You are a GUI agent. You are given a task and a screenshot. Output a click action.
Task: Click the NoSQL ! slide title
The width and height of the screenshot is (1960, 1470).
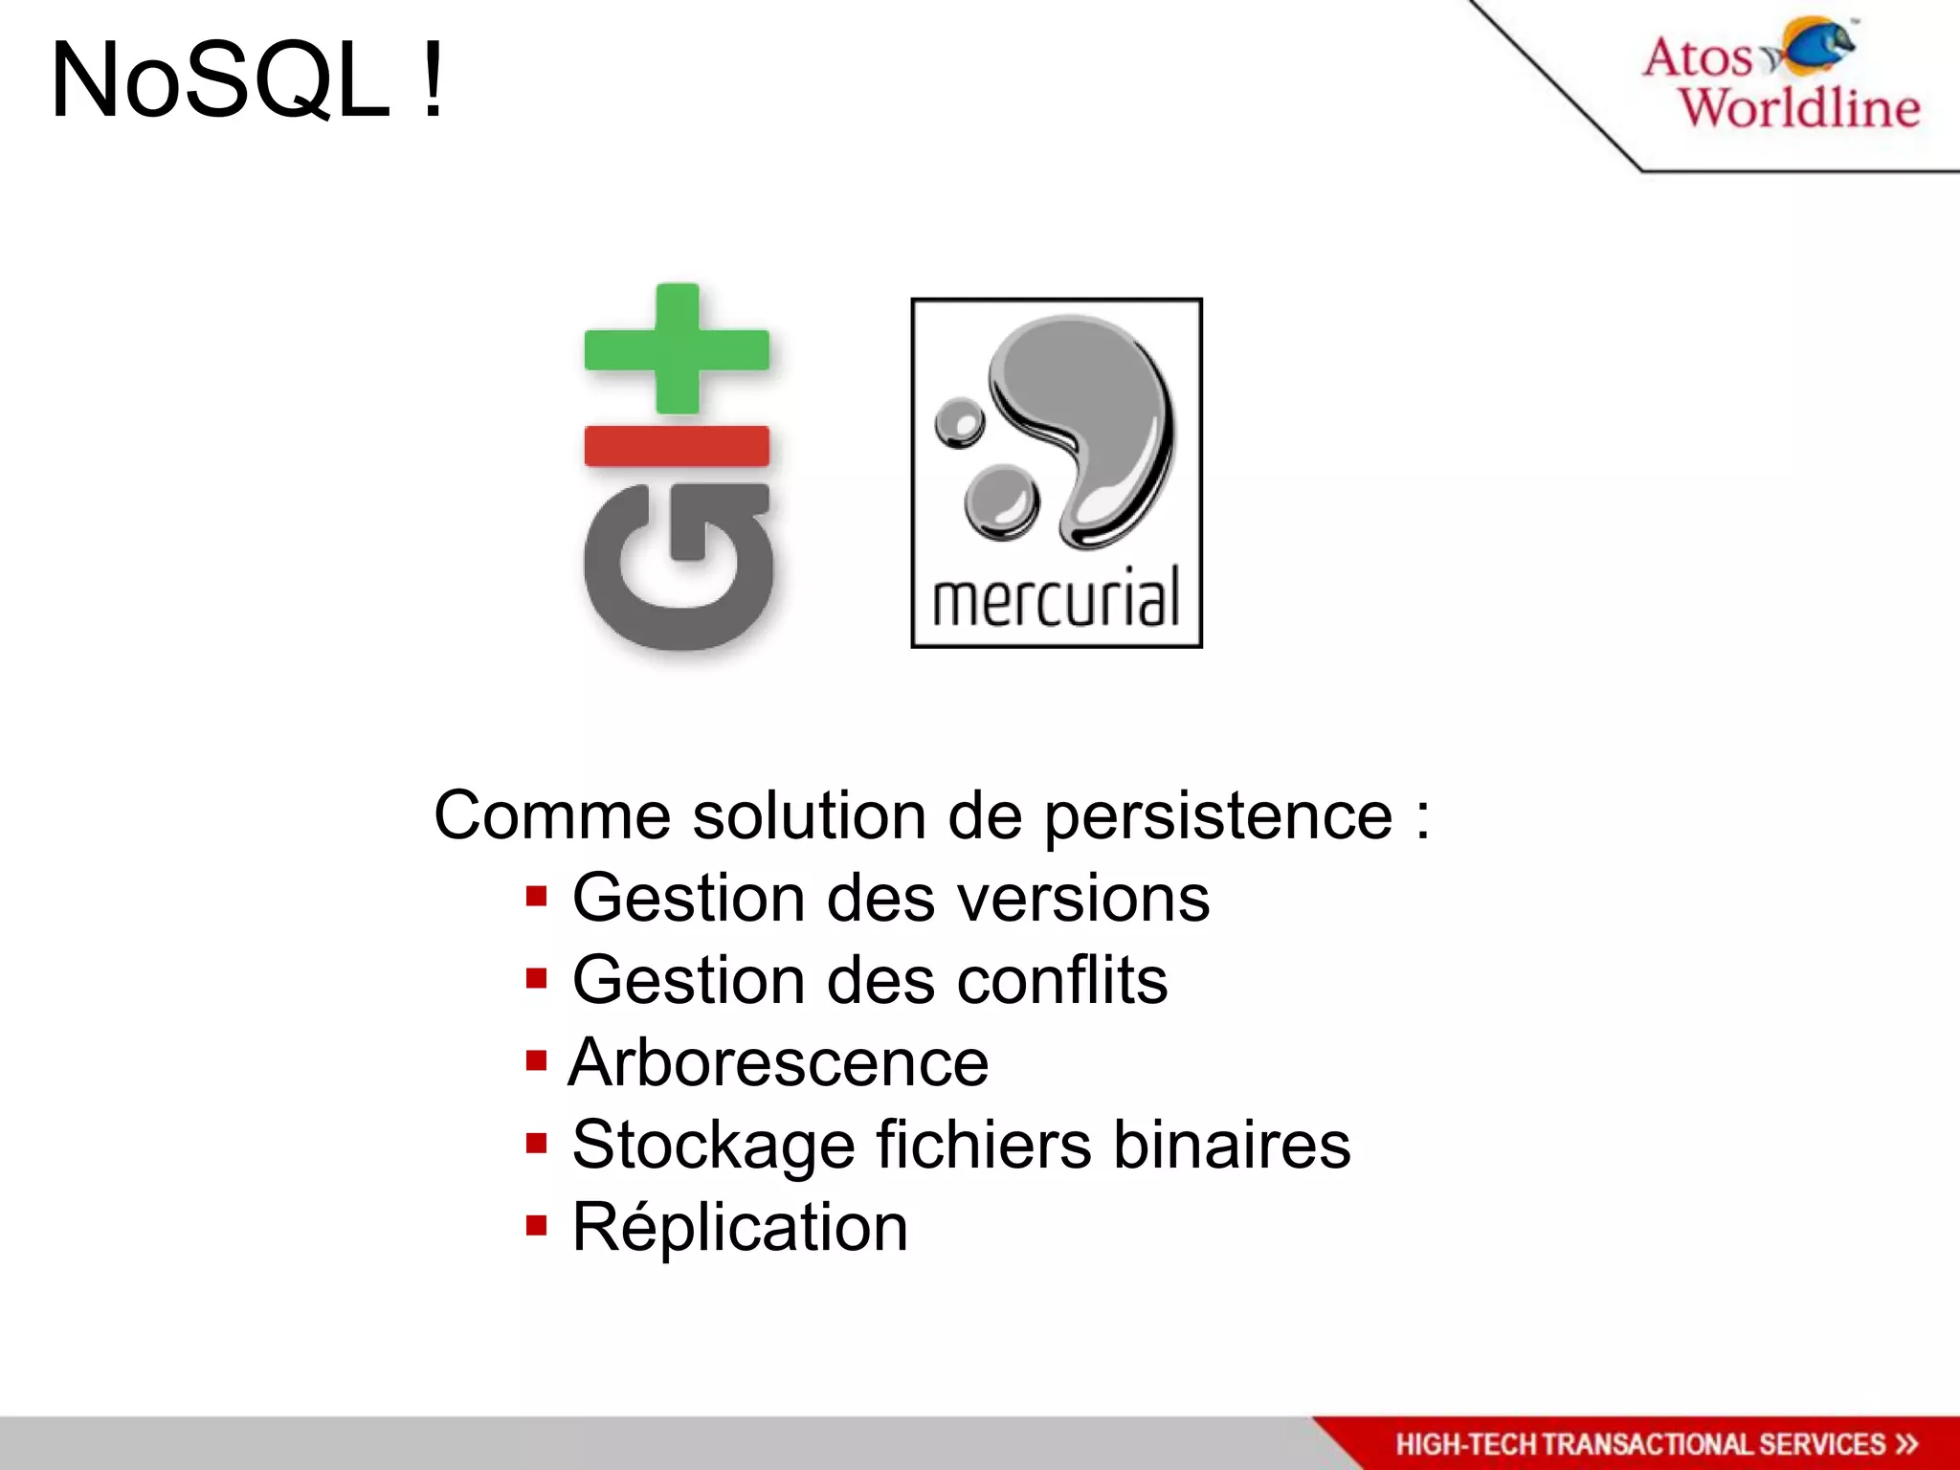pyautogui.click(x=247, y=81)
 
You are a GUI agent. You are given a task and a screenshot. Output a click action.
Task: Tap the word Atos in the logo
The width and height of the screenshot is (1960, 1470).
pyautogui.click(x=1697, y=57)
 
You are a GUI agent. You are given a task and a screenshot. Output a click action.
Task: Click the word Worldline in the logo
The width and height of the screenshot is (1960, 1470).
pyautogui.click(x=1799, y=107)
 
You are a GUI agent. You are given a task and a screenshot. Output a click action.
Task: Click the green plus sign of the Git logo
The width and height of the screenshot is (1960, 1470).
pyautogui.click(x=678, y=349)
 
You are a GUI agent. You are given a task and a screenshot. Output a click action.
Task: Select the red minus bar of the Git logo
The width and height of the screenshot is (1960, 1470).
pyautogui.click(x=677, y=446)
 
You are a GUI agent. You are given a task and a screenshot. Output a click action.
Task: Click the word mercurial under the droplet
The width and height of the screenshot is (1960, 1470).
pyautogui.click(x=1056, y=598)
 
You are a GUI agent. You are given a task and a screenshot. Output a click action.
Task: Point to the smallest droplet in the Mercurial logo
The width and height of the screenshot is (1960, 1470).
pyautogui.click(x=959, y=422)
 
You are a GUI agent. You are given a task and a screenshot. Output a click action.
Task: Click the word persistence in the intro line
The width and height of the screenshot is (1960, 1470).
pyautogui.click(x=1217, y=816)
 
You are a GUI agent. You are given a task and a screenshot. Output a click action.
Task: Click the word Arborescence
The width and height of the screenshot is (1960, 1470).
pyautogui.click(x=779, y=1063)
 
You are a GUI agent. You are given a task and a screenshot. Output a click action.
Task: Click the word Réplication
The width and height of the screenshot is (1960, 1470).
pyautogui.click(x=740, y=1228)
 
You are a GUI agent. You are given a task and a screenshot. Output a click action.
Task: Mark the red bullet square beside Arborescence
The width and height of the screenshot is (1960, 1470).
pyautogui.click(x=536, y=1060)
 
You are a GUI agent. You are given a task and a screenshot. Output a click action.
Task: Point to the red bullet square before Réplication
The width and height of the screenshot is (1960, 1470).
pyautogui.click(x=536, y=1225)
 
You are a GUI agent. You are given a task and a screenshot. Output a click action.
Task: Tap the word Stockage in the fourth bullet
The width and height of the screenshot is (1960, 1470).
pyautogui.click(x=713, y=1146)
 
